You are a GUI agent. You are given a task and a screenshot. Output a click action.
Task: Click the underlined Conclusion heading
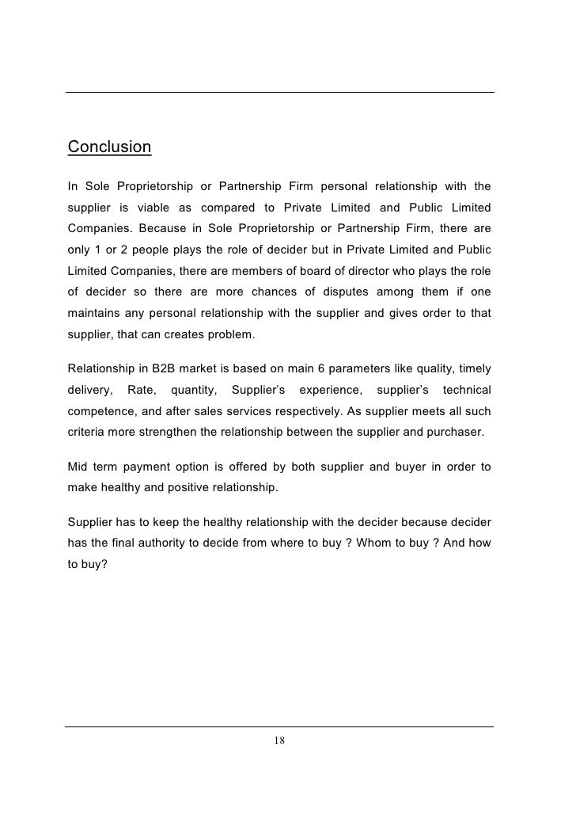pyautogui.click(x=109, y=147)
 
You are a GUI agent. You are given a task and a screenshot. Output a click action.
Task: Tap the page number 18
pyautogui.click(x=279, y=741)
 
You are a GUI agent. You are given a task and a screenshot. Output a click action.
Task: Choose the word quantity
pyautogui.click(x=194, y=391)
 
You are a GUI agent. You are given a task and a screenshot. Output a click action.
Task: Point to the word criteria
pyautogui.click(x=87, y=433)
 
